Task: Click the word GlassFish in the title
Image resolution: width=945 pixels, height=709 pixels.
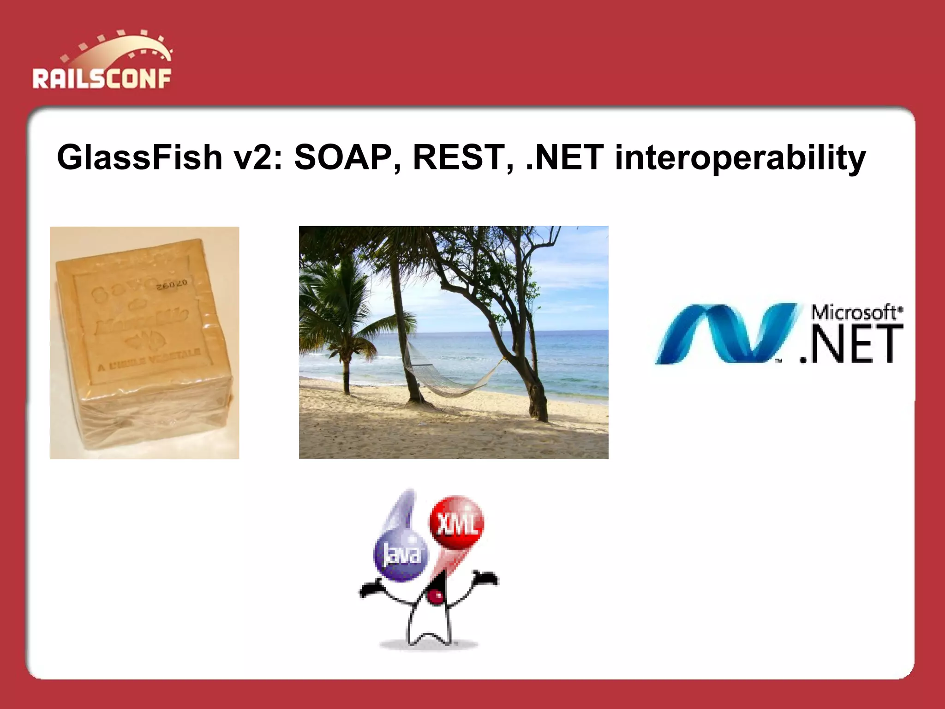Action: [x=139, y=158]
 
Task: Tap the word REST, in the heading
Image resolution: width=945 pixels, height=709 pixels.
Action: [x=463, y=158]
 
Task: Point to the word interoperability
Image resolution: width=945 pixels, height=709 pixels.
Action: [x=740, y=158]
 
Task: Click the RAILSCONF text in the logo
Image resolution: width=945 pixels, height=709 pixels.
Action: [x=102, y=79]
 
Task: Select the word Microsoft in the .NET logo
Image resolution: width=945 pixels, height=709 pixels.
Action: [x=854, y=312]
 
